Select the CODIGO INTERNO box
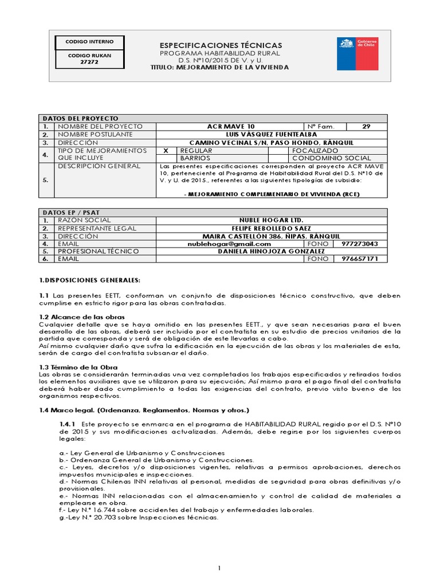[89, 42]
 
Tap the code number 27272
[89, 61]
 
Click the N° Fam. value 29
[367, 126]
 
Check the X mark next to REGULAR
[166, 150]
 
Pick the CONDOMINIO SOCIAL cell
[332, 158]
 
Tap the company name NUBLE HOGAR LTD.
[272, 220]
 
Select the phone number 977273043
[360, 244]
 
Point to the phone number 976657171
[360, 259]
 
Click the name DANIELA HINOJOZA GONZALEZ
[272, 251]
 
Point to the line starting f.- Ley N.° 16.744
[186, 510]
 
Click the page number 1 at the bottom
[219, 568]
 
